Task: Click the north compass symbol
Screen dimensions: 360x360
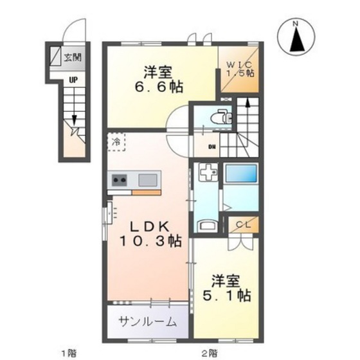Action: point(296,37)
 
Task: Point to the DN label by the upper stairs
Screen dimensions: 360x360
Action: point(212,147)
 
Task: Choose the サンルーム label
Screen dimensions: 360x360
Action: point(146,322)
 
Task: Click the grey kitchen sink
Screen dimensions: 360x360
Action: point(148,179)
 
